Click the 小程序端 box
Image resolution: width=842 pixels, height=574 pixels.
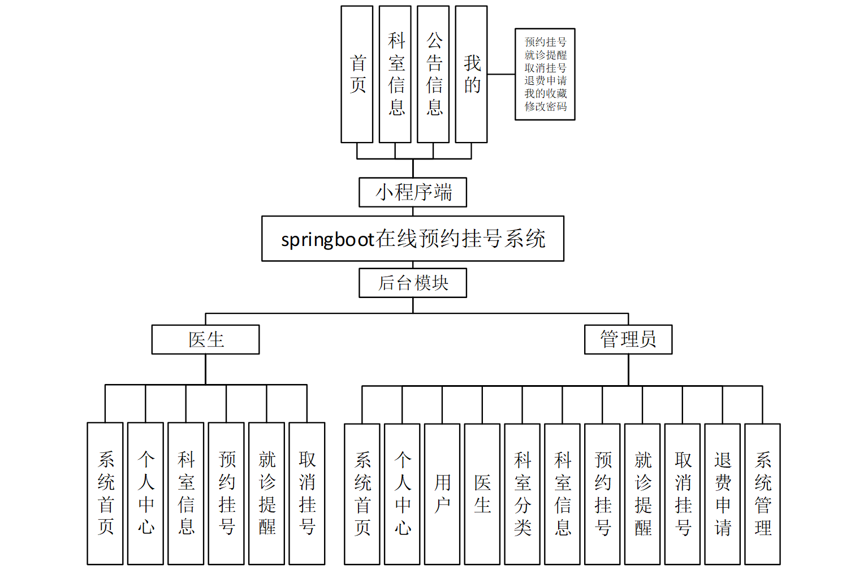413,192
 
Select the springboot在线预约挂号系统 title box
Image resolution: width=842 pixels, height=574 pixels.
413,239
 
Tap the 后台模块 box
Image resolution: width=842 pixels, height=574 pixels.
413,283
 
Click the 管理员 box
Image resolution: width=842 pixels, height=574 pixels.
628,339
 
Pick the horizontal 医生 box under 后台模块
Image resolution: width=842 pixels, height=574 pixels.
205,339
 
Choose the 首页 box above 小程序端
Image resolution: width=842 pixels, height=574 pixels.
357,74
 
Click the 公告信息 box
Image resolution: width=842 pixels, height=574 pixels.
433,74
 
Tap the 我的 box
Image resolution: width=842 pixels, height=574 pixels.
471,74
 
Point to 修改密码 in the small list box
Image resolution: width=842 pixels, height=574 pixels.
545,106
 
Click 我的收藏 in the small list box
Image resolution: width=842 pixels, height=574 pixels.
545,93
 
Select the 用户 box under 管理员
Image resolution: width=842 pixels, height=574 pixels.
442,494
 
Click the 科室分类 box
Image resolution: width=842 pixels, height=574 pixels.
523,494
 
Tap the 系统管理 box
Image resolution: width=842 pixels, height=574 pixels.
762,494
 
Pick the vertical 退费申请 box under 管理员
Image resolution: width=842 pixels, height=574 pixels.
722,494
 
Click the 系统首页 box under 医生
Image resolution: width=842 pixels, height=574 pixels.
105,493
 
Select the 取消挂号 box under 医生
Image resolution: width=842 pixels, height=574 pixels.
307,493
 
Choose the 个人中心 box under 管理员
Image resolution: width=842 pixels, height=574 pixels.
402,494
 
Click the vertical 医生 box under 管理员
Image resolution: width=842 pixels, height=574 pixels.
482,494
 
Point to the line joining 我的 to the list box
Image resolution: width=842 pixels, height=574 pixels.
501,74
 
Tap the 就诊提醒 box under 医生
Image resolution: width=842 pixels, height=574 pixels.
266,493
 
